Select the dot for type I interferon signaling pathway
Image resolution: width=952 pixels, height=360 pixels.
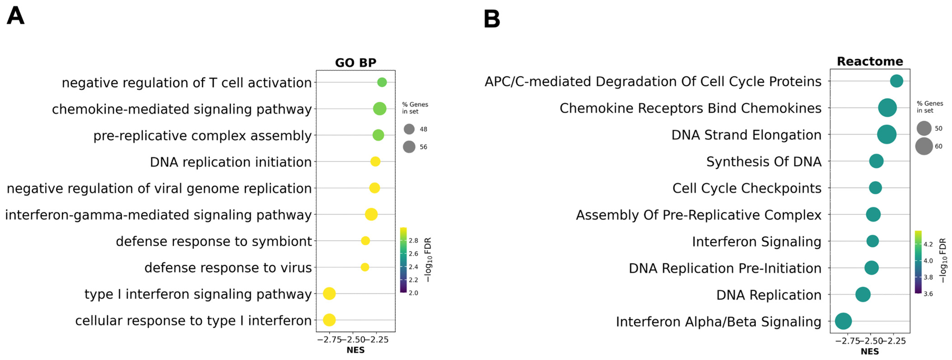point(329,294)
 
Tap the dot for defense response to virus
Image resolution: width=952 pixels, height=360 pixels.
point(365,267)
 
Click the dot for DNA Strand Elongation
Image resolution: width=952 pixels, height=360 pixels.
point(887,134)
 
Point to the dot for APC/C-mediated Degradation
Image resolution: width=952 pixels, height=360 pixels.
point(896,81)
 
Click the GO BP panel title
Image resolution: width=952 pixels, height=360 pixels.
point(356,63)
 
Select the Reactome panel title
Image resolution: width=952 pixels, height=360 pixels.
point(870,61)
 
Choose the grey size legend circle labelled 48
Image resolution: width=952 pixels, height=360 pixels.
point(409,129)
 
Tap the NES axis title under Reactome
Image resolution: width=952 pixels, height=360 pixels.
point(870,351)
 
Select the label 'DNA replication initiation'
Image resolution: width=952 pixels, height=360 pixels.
point(231,162)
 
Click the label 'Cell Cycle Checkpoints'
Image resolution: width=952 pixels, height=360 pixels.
point(746,188)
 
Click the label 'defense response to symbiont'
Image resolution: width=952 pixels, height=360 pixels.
point(214,241)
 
